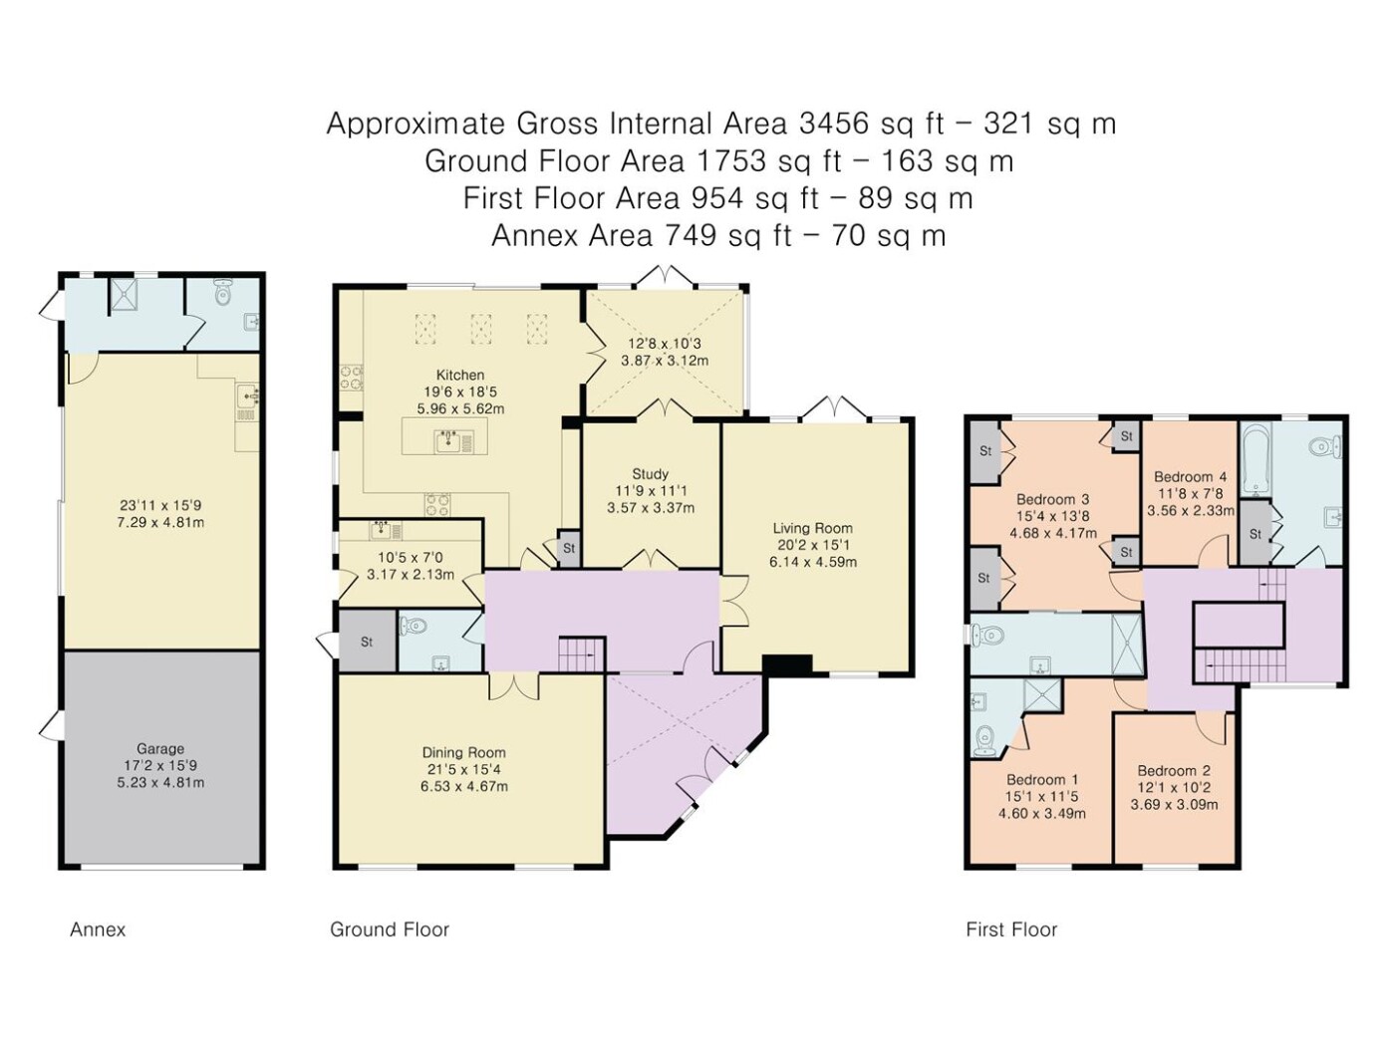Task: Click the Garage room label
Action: [x=160, y=749]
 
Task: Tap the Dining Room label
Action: [x=464, y=752]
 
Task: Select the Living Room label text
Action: [x=813, y=528]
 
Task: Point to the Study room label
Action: [x=650, y=474]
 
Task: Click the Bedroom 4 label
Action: [x=1191, y=476]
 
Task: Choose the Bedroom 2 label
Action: [x=1174, y=770]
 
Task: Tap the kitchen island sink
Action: [x=449, y=440]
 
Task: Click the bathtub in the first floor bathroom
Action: [x=1255, y=460]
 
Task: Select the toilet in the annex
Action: [x=223, y=291]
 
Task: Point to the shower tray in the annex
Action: [x=124, y=295]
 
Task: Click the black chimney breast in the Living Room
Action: [x=787, y=664]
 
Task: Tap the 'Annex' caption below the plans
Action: [x=98, y=929]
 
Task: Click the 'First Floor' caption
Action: [x=1011, y=929]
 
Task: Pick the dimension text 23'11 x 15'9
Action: [x=160, y=505]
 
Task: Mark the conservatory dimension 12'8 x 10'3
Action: [x=665, y=344]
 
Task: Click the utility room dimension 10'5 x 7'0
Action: [x=411, y=558]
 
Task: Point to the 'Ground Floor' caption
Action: [x=390, y=929]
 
